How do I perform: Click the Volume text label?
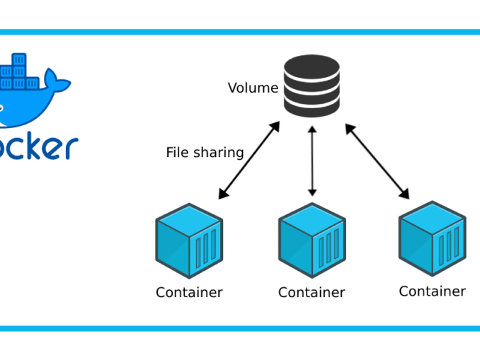(x=253, y=88)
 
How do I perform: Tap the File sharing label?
(x=205, y=153)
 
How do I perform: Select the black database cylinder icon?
(x=312, y=85)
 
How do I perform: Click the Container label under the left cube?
(x=189, y=292)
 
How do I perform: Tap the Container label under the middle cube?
(x=312, y=292)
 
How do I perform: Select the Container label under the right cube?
(x=432, y=291)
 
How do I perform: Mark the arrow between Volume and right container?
(x=377, y=161)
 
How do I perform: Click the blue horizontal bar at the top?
(x=240, y=32)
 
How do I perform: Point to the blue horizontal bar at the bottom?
(x=240, y=328)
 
